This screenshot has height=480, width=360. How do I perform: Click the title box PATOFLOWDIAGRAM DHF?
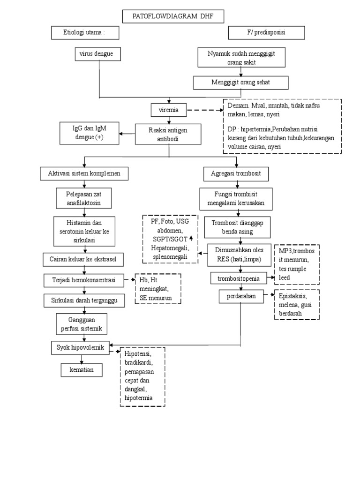coord(173,17)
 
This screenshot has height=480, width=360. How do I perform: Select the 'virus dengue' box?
coord(97,54)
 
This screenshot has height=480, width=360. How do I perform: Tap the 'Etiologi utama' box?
coord(84,32)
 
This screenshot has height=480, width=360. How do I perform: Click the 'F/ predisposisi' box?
coord(266,32)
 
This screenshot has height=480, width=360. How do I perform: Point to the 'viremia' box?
coord(168,111)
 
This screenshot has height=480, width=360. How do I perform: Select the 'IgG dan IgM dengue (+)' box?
coord(89,133)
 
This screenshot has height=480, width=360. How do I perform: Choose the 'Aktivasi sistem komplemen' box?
coord(84,173)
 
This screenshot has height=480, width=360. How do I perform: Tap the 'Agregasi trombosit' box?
coord(236,173)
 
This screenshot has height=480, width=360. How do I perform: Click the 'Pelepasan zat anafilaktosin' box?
coord(84,199)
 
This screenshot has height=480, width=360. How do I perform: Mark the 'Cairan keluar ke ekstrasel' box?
coord(83,258)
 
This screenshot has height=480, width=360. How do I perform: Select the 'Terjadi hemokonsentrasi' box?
coord(83,280)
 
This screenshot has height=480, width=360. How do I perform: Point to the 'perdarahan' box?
coord(240,296)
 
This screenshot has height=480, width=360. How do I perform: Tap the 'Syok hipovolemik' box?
coord(80,347)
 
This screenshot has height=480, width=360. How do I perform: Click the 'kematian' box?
coord(82,370)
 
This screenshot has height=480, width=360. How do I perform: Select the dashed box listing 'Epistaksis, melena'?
coord(296,304)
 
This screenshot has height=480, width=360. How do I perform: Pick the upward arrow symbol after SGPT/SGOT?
coord(191,239)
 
